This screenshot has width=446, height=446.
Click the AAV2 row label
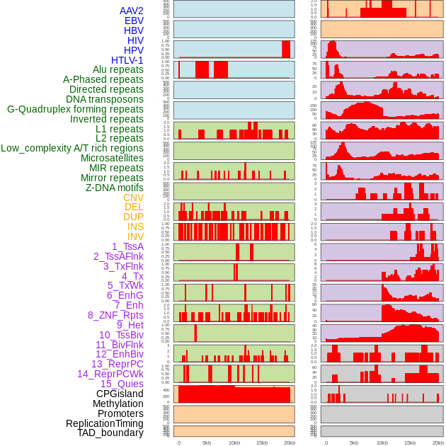131,11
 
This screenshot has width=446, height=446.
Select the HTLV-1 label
127,60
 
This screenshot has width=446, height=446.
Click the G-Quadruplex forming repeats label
75,109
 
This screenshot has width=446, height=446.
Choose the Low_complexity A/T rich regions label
72,148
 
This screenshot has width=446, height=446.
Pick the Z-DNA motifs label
115,188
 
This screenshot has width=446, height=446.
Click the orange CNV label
133,198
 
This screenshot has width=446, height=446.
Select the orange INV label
135,236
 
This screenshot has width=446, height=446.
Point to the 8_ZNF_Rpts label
115,315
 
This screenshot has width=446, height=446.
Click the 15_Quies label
122,384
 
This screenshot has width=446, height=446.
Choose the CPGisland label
120,394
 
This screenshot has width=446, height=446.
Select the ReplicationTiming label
104,423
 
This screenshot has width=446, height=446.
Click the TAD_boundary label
110,433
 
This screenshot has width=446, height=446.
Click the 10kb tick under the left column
234,443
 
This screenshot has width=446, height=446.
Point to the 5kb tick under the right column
353,443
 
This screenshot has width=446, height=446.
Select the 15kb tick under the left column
262,443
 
